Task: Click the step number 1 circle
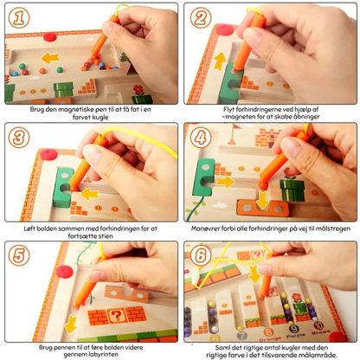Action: click(x=19, y=18)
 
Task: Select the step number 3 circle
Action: click(x=19, y=138)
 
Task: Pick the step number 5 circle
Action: click(x=19, y=255)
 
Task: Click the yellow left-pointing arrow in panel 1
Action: click(x=50, y=58)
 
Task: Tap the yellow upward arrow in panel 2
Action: click(x=220, y=61)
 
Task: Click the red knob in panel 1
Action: click(x=50, y=36)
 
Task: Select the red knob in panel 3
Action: click(x=48, y=154)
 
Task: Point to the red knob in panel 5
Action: click(x=65, y=272)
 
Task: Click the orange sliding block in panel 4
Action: click(x=262, y=209)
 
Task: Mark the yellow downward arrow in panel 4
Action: click(x=262, y=200)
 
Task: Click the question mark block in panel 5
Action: click(x=116, y=316)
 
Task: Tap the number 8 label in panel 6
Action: click(x=268, y=331)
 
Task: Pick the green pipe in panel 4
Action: click(x=292, y=190)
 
